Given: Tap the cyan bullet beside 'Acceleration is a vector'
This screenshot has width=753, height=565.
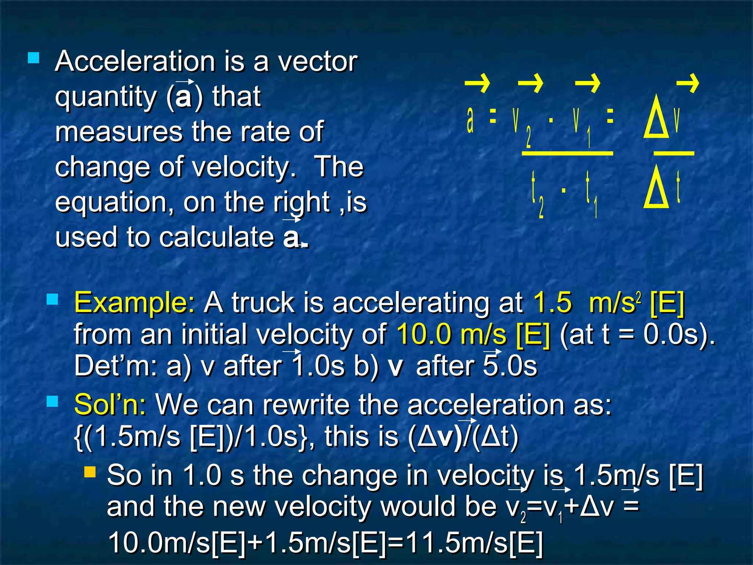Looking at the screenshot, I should (33, 58).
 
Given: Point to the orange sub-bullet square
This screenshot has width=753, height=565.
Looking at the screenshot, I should (90, 472).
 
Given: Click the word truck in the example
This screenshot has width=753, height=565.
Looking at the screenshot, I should (263, 303).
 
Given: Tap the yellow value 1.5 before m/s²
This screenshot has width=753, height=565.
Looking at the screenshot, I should (553, 303).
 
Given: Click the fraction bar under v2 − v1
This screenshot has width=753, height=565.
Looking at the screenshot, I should (567, 153).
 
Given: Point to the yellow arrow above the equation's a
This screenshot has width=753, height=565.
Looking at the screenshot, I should (477, 83).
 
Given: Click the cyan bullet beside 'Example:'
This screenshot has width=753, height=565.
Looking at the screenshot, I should (53, 300).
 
